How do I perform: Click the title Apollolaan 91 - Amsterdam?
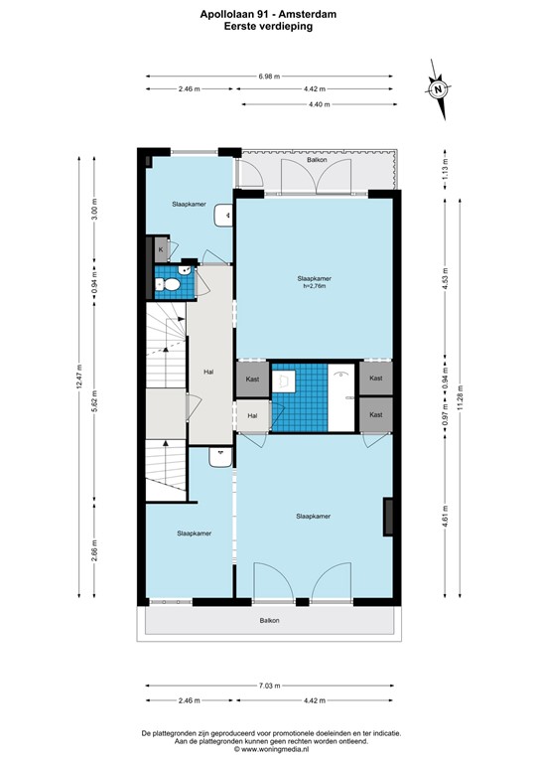269,15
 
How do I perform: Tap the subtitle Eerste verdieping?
269,27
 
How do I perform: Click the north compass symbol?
437,89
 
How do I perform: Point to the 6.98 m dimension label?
269,76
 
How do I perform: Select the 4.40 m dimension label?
318,104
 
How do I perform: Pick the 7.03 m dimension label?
269,686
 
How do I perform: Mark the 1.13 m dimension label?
445,170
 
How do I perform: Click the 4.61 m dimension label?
445,517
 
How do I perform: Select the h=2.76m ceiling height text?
313,287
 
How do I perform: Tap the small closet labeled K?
159,250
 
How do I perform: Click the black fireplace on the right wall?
389,517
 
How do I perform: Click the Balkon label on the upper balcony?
317,159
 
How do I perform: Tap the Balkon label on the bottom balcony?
269,621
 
